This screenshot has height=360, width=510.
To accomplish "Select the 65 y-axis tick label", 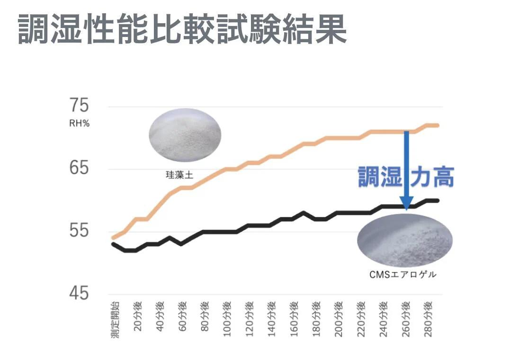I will coord(79,169).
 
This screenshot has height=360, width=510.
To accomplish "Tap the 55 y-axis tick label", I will coord(79,231).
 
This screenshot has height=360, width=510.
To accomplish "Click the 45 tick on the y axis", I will coord(79,294).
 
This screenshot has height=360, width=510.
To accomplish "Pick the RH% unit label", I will coord(79,124).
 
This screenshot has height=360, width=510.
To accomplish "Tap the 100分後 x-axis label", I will coord(226,318).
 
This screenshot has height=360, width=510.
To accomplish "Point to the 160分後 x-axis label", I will coord(294,318).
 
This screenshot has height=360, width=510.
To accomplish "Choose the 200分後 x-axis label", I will coord(338,318).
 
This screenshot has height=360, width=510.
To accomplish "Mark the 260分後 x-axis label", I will coord(405,318).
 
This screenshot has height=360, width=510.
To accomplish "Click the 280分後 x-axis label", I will coord(428,318).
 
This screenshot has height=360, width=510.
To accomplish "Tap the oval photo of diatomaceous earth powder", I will coord(185,135).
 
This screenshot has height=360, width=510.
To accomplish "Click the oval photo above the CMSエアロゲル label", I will coord(404,240).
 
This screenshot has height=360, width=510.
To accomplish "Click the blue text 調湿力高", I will coord(405,177).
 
